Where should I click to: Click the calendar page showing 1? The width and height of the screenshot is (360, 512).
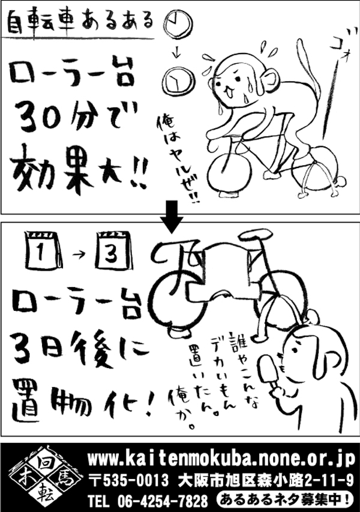pyautogui.click(x=43, y=250)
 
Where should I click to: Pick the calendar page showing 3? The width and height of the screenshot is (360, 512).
pyautogui.click(x=114, y=250)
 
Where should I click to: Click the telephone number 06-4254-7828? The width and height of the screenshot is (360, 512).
pyautogui.click(x=162, y=499)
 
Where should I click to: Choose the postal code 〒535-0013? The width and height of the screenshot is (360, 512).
pyautogui.click(x=129, y=480)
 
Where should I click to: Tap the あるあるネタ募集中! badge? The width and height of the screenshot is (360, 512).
pyautogui.click(x=285, y=499)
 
